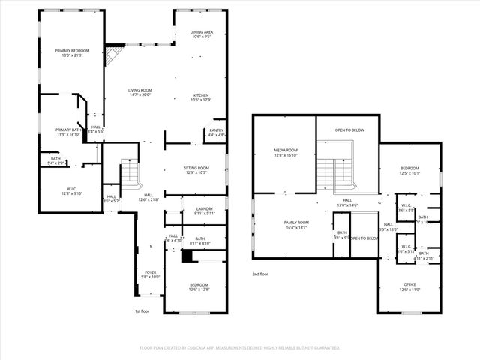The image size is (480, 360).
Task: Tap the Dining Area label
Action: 200,31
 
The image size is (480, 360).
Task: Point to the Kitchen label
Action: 201,94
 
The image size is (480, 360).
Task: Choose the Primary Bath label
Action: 68,130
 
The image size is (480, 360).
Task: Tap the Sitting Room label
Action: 196,167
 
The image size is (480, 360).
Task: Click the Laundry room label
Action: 204,208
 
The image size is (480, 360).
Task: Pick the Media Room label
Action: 285,151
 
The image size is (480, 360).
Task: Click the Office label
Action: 409,284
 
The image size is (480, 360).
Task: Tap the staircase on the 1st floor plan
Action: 130,174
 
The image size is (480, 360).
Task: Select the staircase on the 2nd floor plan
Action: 334,175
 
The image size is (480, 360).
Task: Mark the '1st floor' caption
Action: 142,311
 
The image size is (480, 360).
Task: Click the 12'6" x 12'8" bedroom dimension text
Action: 199,289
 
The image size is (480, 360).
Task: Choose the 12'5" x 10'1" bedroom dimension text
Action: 409,172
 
